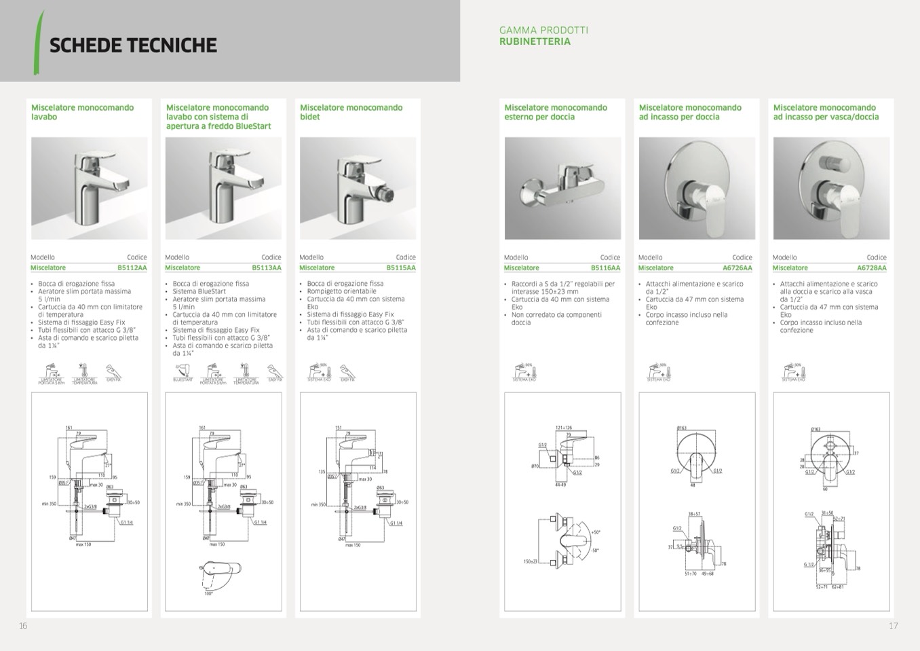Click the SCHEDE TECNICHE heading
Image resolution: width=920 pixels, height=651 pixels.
[x=133, y=45]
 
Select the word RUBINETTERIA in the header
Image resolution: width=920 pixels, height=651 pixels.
[x=535, y=41]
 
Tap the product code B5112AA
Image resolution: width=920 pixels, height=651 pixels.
[x=132, y=268]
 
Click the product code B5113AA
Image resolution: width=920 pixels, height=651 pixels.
[x=267, y=268]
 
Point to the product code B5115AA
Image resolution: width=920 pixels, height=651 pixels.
[x=401, y=268]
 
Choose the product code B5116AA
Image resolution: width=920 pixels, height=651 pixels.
[x=605, y=268]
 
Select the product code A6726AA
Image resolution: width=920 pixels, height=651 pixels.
[x=737, y=268]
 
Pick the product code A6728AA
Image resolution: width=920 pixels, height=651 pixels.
[x=872, y=268]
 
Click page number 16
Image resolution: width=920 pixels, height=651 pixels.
[x=23, y=626]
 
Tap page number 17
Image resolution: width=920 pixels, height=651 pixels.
[x=893, y=626]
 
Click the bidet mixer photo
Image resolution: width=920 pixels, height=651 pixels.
[x=358, y=188]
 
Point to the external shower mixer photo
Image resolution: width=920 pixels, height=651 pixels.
[x=562, y=188]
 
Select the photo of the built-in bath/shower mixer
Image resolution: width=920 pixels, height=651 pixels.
[x=831, y=188]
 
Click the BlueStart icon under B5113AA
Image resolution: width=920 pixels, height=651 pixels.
[x=183, y=373]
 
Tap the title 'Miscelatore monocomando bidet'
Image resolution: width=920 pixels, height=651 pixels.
[x=351, y=112]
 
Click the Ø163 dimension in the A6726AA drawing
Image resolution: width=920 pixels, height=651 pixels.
[x=681, y=428]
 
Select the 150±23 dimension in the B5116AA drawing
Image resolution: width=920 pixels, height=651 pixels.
[x=530, y=561]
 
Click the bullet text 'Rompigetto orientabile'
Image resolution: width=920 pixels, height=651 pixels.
[x=341, y=291]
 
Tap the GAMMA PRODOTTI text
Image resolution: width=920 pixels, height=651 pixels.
[x=543, y=30]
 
